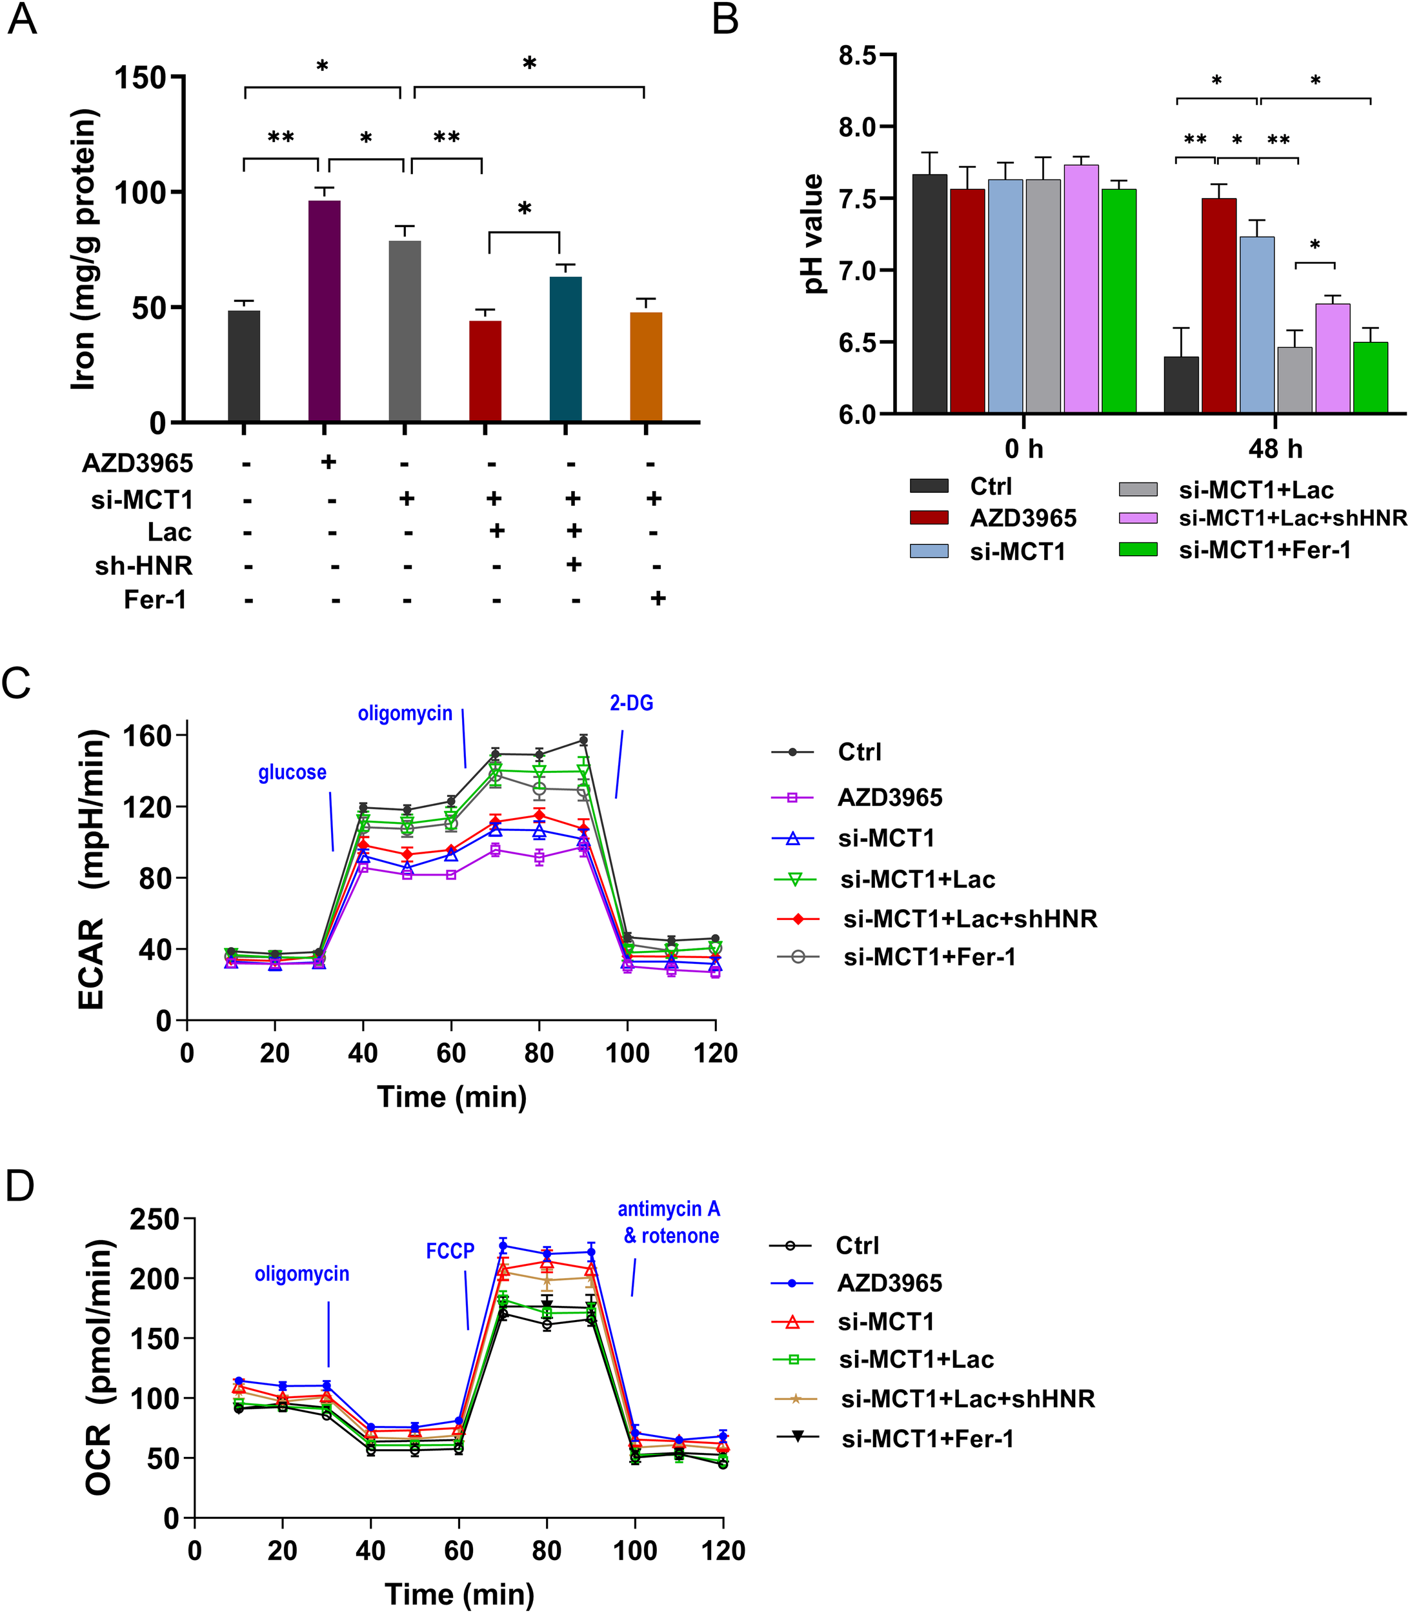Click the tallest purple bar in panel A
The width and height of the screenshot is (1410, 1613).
point(324,311)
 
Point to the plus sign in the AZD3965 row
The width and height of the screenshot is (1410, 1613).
point(329,461)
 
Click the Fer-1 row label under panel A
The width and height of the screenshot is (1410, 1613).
point(155,600)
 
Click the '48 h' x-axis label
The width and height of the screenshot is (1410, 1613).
point(1274,449)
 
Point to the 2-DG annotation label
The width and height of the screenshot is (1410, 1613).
point(631,703)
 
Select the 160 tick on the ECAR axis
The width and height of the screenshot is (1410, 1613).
point(147,736)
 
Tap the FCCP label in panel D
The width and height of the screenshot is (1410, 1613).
point(450,1251)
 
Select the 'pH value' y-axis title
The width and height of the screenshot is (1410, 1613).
point(814,234)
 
